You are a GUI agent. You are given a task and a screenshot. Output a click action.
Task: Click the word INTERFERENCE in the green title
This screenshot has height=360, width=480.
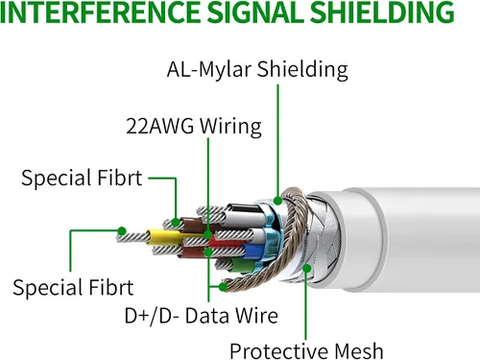pyautogui.click(x=101, y=12)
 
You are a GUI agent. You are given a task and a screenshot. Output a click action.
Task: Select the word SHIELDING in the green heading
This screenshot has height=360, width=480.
pyautogui.click(x=382, y=12)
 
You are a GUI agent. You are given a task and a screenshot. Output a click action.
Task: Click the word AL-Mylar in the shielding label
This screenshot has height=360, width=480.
pyautogui.click(x=209, y=70)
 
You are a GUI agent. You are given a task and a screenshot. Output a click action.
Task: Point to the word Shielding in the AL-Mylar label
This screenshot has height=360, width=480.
pyautogui.click(x=302, y=69)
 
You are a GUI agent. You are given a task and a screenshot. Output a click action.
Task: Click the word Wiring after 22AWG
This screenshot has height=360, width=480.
pyautogui.click(x=230, y=127)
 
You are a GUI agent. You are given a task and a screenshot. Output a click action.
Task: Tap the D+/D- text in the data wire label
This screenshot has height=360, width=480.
pyautogui.click(x=152, y=316)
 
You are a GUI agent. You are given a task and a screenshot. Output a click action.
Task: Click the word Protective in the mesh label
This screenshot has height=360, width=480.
pyautogui.click(x=278, y=351)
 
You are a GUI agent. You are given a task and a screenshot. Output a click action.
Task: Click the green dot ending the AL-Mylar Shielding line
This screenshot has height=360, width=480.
pyautogui.click(x=277, y=201)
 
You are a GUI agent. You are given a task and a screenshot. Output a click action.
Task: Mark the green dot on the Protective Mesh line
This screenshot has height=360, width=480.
pyautogui.click(x=306, y=268)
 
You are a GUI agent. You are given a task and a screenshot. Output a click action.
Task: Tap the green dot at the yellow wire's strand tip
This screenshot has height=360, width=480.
pyautogui.click(x=122, y=231)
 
